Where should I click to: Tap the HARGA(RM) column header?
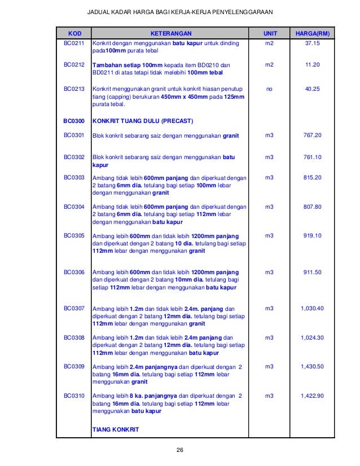[x=312, y=33]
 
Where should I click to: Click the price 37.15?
[x=312, y=43]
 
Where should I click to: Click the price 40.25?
[x=312, y=89]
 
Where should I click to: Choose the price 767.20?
[x=312, y=135]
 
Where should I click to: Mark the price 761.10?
[x=312, y=157]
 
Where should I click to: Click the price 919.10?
[x=312, y=235]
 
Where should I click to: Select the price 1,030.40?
[x=312, y=309]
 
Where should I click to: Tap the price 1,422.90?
[x=312, y=395]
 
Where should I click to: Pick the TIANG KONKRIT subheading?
[x=115, y=429]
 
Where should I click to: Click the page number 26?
[x=180, y=450]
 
